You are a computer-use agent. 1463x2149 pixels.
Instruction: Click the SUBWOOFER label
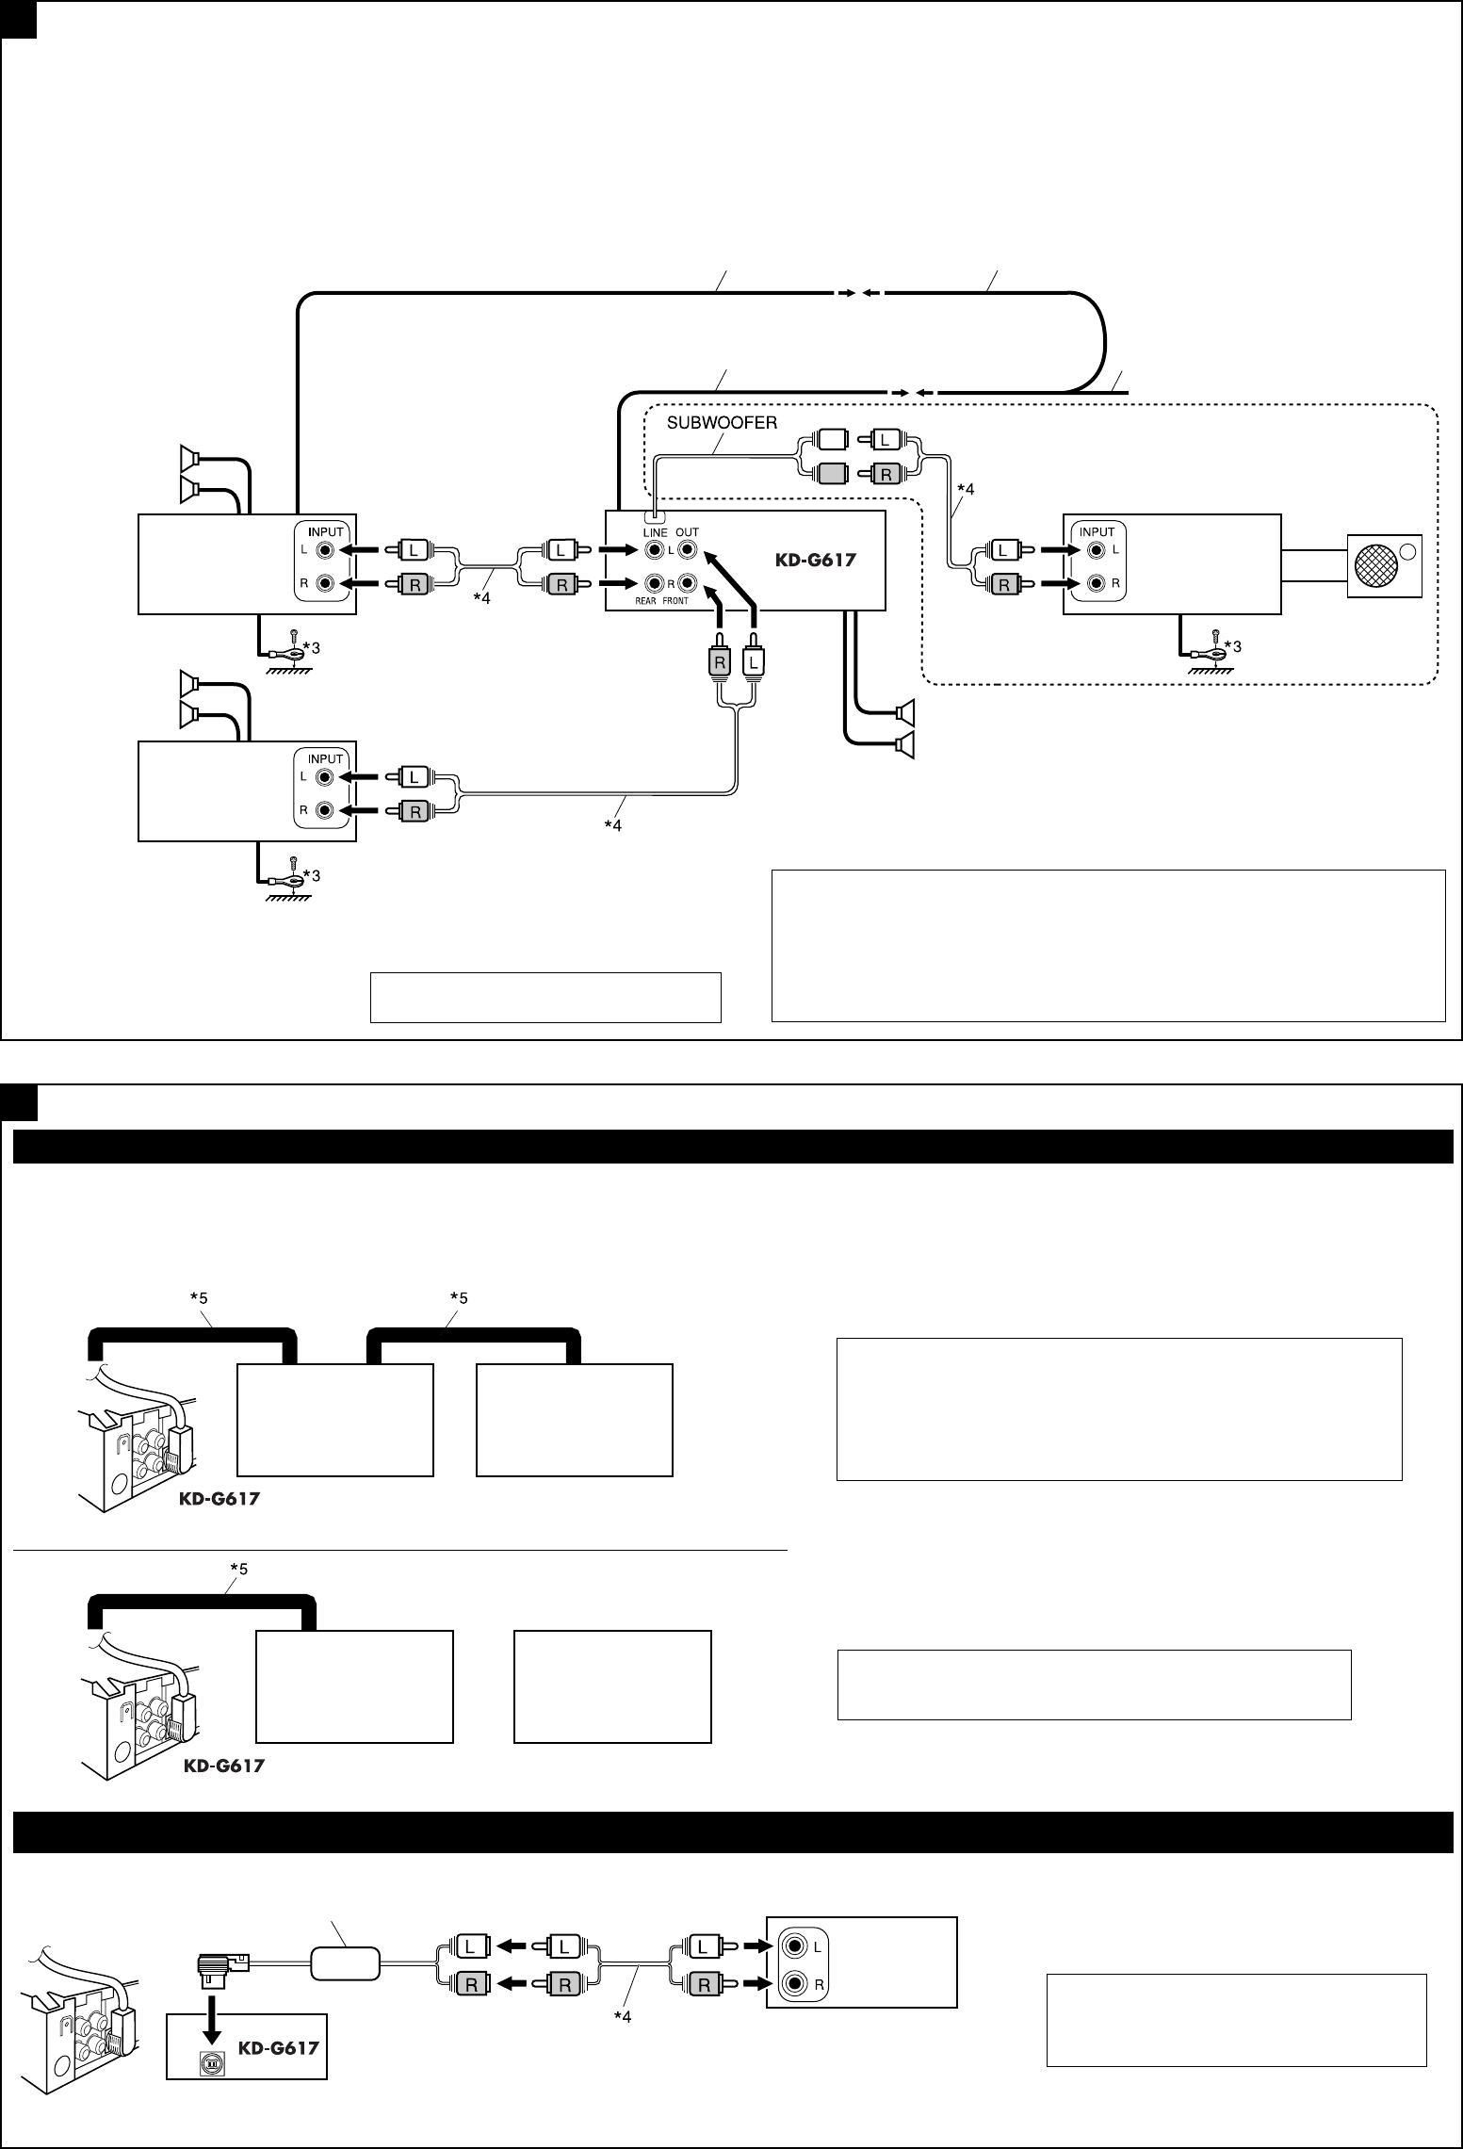click(x=722, y=423)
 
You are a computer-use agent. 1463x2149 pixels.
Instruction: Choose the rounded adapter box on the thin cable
click(x=345, y=1964)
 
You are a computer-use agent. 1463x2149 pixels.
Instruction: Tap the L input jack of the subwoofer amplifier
click(x=1097, y=549)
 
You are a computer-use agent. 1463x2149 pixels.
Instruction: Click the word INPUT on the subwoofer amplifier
click(x=1097, y=531)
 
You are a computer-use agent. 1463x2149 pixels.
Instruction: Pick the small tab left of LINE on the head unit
click(x=651, y=516)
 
